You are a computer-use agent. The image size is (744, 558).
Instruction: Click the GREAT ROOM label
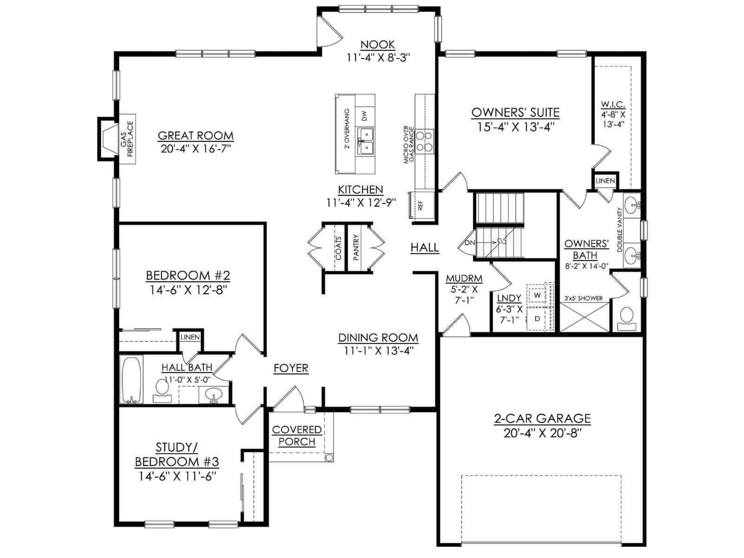point(196,135)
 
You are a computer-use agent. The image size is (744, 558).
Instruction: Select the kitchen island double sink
point(366,141)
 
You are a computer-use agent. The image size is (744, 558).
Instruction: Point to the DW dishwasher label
point(365,116)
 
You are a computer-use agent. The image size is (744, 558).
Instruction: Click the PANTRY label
point(356,247)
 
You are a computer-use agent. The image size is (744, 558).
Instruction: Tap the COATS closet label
point(338,248)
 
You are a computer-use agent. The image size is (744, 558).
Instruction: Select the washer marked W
point(537,295)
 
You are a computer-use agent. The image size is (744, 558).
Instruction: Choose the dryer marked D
point(537,319)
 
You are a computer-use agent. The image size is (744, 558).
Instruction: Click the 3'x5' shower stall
point(585,317)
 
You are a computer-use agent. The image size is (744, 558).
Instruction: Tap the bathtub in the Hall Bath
point(132,379)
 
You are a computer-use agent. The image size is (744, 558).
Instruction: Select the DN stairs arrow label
point(470,243)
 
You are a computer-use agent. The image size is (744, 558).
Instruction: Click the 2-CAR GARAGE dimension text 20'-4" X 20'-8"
point(542,433)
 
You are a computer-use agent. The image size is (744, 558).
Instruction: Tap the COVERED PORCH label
point(297,436)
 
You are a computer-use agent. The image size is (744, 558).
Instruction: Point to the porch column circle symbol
point(328,458)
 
